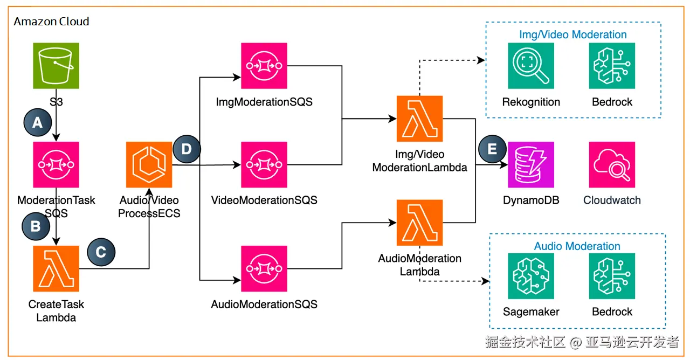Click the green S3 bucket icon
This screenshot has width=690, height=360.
56,66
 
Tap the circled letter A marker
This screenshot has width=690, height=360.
37,122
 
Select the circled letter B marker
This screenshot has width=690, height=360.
36,226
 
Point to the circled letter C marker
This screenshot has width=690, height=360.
101,252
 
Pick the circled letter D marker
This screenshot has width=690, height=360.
187,149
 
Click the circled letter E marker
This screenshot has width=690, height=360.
492,149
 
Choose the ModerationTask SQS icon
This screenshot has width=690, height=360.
56,164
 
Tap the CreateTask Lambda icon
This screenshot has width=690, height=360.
56,268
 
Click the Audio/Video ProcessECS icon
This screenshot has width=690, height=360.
149,164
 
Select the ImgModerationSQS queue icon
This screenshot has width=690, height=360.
264,66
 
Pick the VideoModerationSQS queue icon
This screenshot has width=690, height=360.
264,164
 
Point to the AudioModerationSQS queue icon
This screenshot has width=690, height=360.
264,268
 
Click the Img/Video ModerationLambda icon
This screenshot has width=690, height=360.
419,119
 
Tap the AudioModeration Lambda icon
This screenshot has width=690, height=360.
419,222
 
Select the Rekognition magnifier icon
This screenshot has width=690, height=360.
531,66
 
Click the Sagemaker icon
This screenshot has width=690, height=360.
531,276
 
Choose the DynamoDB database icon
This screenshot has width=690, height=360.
531,164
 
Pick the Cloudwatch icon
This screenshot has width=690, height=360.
612,164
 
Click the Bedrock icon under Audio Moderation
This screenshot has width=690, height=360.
612,276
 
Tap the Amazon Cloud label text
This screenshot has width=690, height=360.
51,22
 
